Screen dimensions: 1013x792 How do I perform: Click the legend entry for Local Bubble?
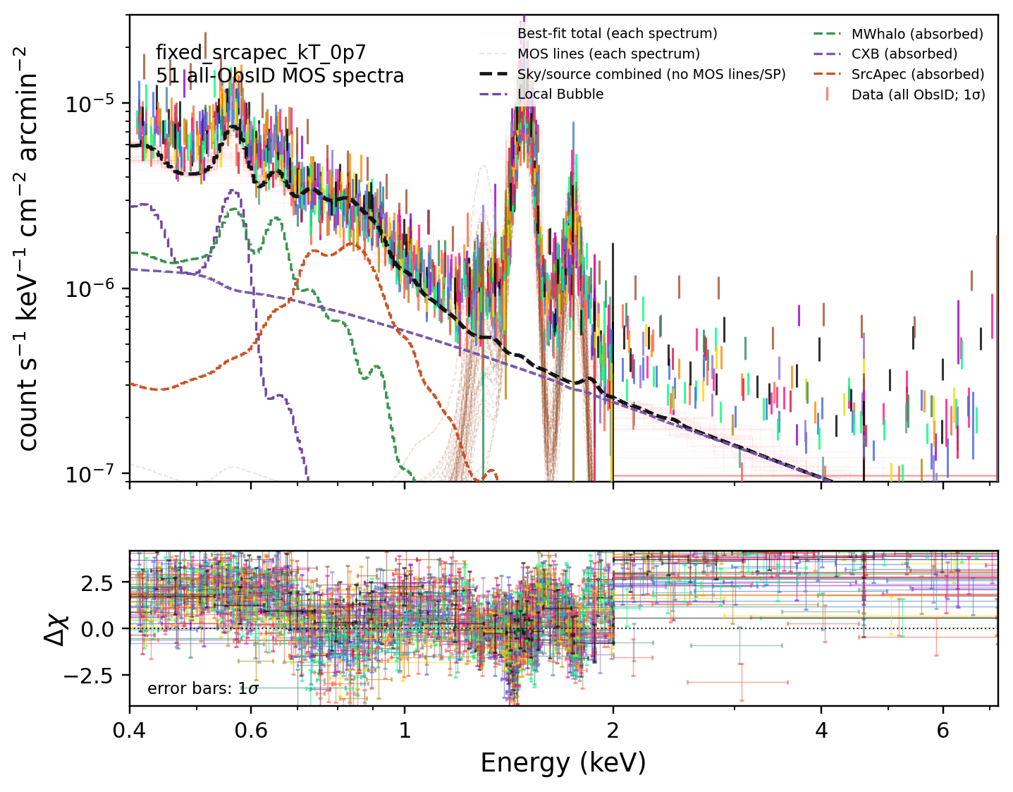coord(560,95)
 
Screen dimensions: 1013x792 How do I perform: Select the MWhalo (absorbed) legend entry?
coord(917,34)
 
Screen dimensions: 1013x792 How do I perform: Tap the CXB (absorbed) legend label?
coord(904,54)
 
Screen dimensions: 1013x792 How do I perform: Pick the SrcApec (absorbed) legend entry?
coord(917,74)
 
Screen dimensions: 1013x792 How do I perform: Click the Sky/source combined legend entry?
coord(651,74)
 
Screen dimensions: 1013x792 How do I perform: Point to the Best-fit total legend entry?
coord(617,34)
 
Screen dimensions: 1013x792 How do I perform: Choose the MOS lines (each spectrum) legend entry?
coord(608,54)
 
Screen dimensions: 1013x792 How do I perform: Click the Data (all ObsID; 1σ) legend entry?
coord(918,95)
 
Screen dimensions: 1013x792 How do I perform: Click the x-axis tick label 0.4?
coord(129,731)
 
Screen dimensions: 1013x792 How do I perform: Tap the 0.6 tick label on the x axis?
coord(251,731)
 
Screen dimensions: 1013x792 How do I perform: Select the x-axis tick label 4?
coord(821,731)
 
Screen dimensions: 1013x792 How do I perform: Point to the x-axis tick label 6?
coord(943,731)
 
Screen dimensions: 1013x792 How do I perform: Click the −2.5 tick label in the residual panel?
coord(89,676)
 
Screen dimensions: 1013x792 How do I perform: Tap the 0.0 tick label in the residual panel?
coord(97,629)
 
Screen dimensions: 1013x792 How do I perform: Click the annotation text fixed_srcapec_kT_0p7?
coord(261,53)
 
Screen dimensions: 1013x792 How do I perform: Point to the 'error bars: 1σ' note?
coord(203,688)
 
